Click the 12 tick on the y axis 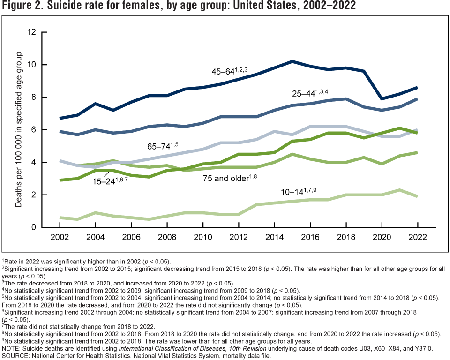32,32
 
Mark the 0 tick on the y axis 34,227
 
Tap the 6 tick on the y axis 34,130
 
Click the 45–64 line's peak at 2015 292,61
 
